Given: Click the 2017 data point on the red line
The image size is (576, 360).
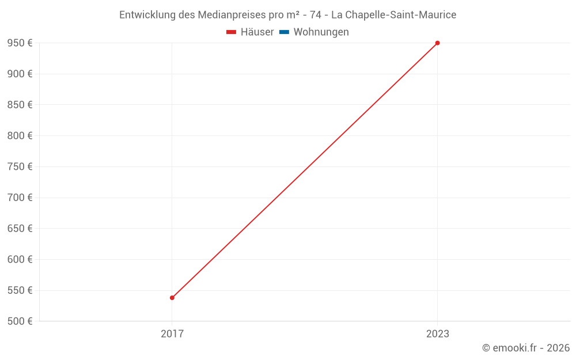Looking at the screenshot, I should point(172,298).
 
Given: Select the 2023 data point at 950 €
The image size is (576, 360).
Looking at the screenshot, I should point(437,43).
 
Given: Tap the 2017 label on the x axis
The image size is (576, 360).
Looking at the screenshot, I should point(172,334).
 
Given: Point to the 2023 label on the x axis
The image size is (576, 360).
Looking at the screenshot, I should point(437,334).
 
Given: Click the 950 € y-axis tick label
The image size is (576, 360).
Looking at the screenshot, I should point(20,43).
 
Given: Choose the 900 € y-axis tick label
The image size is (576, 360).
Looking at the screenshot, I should point(20,74).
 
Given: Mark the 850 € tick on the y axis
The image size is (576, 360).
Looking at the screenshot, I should point(20,105).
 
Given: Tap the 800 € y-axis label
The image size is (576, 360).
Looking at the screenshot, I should point(20,136).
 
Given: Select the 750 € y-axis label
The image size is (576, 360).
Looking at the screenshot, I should point(20,166).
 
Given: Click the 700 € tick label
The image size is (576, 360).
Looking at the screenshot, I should point(20,198).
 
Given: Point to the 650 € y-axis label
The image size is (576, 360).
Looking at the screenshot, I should point(20,229).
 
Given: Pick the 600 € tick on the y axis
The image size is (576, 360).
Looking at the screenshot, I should point(20,259).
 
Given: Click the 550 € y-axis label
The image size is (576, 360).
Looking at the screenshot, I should point(20,290).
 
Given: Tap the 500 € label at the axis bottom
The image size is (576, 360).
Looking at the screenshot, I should point(20,321).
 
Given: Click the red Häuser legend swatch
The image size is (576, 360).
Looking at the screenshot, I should point(232,32).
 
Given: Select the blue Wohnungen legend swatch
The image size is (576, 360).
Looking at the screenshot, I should point(284,32).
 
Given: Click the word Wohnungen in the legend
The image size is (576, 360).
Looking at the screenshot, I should point(321,32).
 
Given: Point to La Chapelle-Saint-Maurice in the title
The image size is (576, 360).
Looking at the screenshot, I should point(393,15).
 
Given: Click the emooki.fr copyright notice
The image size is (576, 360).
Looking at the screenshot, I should point(526,348).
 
